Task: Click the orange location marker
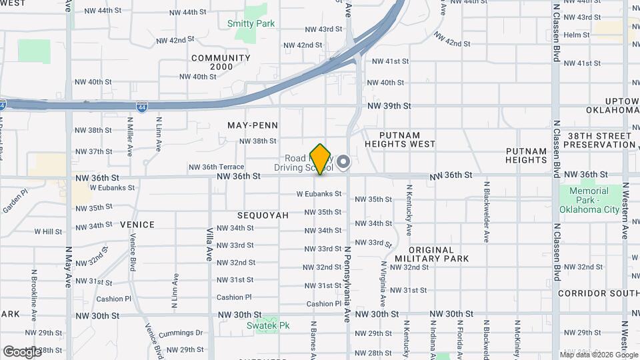[x=321, y=159]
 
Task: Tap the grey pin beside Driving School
[x=343, y=162]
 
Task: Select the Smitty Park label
[x=251, y=23]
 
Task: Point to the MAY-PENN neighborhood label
[x=253, y=125]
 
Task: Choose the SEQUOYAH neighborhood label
[x=263, y=215]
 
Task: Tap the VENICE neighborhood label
[x=137, y=225]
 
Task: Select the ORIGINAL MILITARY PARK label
[x=431, y=253]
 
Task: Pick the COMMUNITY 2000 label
[x=221, y=62]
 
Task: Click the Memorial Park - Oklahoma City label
[x=589, y=201]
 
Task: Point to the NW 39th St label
[x=389, y=106]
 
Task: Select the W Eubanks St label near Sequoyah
[x=319, y=194]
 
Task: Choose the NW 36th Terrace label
[x=216, y=167]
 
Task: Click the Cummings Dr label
[x=181, y=333]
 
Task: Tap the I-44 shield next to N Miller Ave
[x=142, y=106]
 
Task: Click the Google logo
[x=23, y=351]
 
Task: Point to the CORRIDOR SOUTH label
[x=599, y=293]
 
